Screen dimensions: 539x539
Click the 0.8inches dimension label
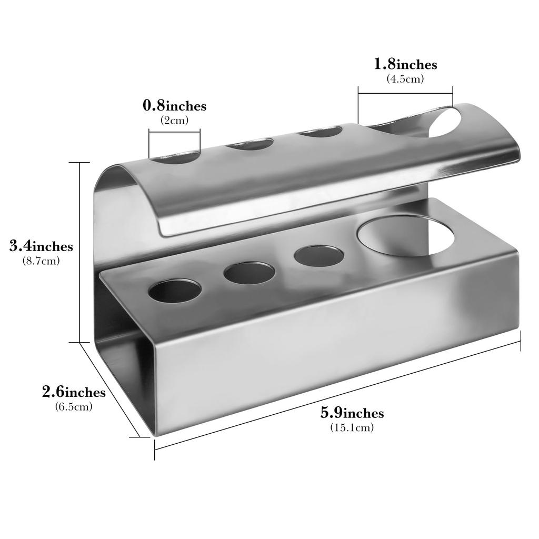(x=175, y=106)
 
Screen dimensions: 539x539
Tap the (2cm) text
(x=174, y=119)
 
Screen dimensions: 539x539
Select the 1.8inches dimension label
(x=405, y=64)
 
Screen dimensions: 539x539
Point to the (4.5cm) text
(x=405, y=78)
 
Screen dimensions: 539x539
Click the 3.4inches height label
(x=42, y=246)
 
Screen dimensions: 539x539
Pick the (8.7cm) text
(x=42, y=260)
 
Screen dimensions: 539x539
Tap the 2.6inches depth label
(x=74, y=392)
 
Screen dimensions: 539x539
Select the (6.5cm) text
(x=74, y=406)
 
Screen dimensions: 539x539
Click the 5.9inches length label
(x=352, y=413)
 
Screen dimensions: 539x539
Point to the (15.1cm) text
(x=352, y=427)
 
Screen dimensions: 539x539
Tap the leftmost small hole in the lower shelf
(x=175, y=291)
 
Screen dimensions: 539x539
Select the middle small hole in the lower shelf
(x=248, y=273)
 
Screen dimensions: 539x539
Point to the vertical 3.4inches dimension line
(x=80, y=253)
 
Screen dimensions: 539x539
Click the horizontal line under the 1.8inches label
(x=405, y=94)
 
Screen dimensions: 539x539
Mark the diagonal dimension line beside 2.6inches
(x=111, y=390)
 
